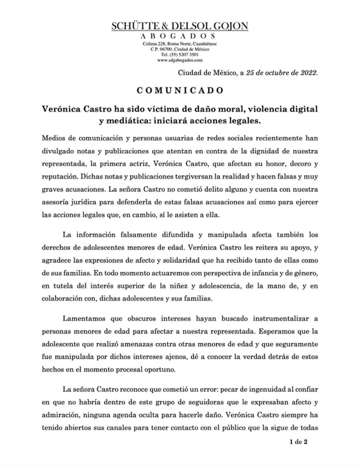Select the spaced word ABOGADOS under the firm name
click(178, 36)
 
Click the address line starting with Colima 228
click(180, 44)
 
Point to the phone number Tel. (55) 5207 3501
click(180, 54)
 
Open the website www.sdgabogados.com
click(180, 60)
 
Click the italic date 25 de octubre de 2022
click(282, 72)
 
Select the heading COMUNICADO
click(180, 90)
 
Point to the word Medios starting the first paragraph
click(53, 138)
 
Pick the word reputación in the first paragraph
click(59, 177)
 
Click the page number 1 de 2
click(299, 442)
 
